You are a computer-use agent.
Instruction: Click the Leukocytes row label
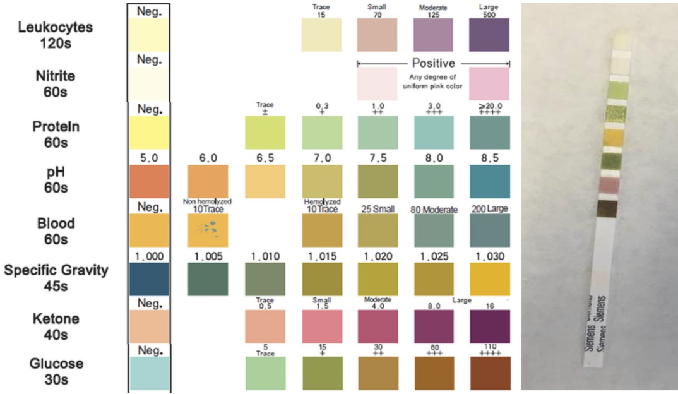pos(55,34)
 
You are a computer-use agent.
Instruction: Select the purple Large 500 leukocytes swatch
pos(489,34)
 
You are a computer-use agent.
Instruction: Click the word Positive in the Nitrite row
pos(434,63)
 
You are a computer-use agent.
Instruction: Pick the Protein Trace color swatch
pos(265,133)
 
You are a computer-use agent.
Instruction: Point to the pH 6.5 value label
pos(265,158)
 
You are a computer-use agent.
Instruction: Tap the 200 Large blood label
pos(490,208)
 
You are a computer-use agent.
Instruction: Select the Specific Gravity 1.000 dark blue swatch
pos(149,278)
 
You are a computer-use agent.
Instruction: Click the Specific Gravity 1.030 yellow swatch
pos(489,278)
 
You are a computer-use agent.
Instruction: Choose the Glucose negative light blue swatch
pos(149,373)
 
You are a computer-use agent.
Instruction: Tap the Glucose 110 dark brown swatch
pos(489,373)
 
